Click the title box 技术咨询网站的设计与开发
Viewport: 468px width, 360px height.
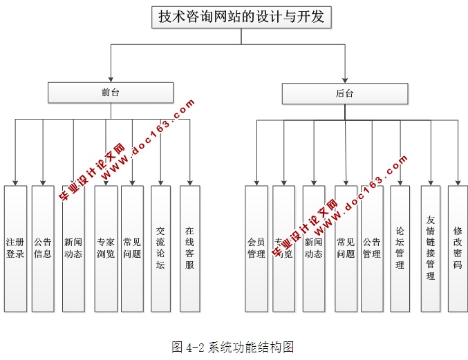point(241,17)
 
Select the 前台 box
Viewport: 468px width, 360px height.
point(111,93)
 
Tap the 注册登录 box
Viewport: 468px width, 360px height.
point(15,248)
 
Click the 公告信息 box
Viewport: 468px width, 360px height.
point(43,248)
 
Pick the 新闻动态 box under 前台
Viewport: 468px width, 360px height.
point(73,248)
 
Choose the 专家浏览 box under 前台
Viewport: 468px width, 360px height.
point(106,248)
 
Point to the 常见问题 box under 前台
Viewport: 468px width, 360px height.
point(132,248)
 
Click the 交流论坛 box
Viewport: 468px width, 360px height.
point(161,248)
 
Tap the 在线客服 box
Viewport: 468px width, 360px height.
point(189,248)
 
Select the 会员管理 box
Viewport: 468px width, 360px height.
point(256,248)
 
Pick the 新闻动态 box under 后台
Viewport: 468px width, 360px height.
point(313,248)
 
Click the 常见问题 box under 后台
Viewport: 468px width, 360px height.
point(346,248)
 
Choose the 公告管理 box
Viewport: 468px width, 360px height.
point(372,248)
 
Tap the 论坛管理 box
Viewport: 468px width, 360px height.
point(400,248)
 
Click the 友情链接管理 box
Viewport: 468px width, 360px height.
point(431,248)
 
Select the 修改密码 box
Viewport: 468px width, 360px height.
point(458,248)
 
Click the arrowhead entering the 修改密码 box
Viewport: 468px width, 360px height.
point(458,182)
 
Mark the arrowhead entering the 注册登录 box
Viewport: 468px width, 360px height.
point(15,182)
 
